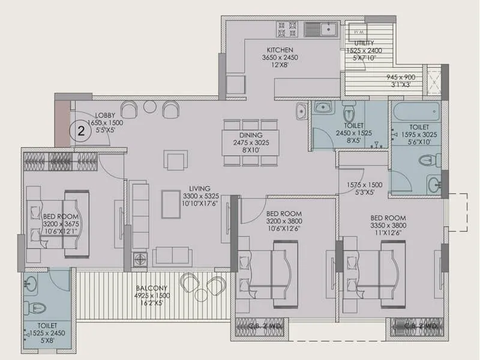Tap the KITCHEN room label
pos(280,50)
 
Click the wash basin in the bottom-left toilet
pos(31,282)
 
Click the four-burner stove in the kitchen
pos(285,29)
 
